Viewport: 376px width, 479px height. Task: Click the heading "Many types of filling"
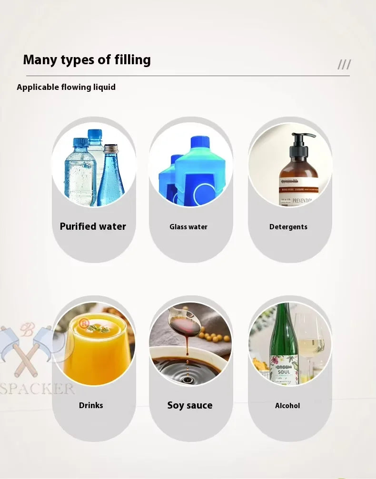pyautogui.click(x=87, y=60)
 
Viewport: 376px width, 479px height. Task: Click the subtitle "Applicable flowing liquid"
pyautogui.click(x=66, y=87)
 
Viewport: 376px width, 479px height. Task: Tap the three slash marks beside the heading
pyautogui.click(x=344, y=65)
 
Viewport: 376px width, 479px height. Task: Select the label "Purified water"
pyautogui.click(x=93, y=226)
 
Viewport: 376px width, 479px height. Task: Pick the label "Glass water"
pyautogui.click(x=188, y=227)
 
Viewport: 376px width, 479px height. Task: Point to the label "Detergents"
pyautogui.click(x=288, y=227)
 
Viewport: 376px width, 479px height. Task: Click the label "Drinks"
pyautogui.click(x=91, y=405)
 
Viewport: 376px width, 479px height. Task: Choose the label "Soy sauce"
pyautogui.click(x=190, y=405)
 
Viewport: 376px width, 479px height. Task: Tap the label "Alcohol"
pyautogui.click(x=287, y=406)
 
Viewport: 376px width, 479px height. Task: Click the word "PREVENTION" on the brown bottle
pyautogui.click(x=301, y=201)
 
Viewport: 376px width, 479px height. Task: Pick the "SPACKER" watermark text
pyautogui.click(x=37, y=388)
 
